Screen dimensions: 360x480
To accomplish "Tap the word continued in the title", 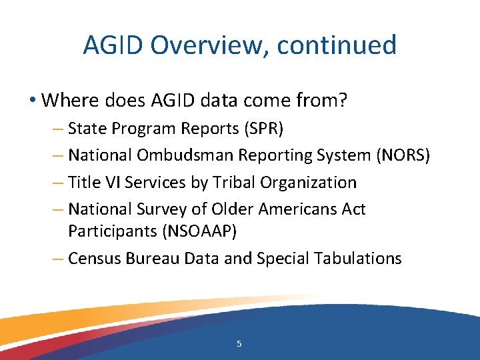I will pyautogui.click(x=337, y=45).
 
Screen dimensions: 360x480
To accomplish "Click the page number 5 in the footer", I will pyautogui.click(x=239, y=344).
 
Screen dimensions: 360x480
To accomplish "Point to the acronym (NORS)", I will pyautogui.click(x=403, y=155).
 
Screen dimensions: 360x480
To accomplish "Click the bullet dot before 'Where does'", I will pyautogui.click(x=33, y=101).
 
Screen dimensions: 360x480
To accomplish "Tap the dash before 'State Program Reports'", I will pyautogui.click(x=59, y=128).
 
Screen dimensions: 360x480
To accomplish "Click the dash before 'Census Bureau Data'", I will pyautogui.click(x=59, y=258).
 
